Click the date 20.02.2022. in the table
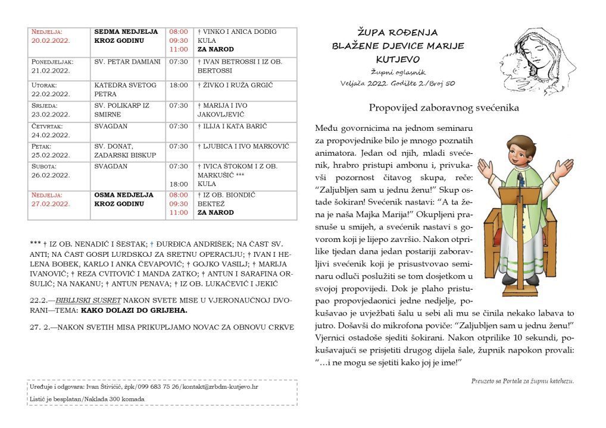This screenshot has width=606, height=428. tap(51, 40)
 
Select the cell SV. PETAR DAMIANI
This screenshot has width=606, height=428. tap(127, 61)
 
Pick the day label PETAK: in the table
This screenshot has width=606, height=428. tap(42, 146)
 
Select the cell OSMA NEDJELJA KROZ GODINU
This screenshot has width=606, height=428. tap(124, 199)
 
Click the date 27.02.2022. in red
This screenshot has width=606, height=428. tap(51, 204)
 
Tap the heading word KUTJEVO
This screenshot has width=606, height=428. tap(398, 59)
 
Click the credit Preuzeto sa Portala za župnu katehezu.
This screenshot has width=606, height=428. tap(522, 381)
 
